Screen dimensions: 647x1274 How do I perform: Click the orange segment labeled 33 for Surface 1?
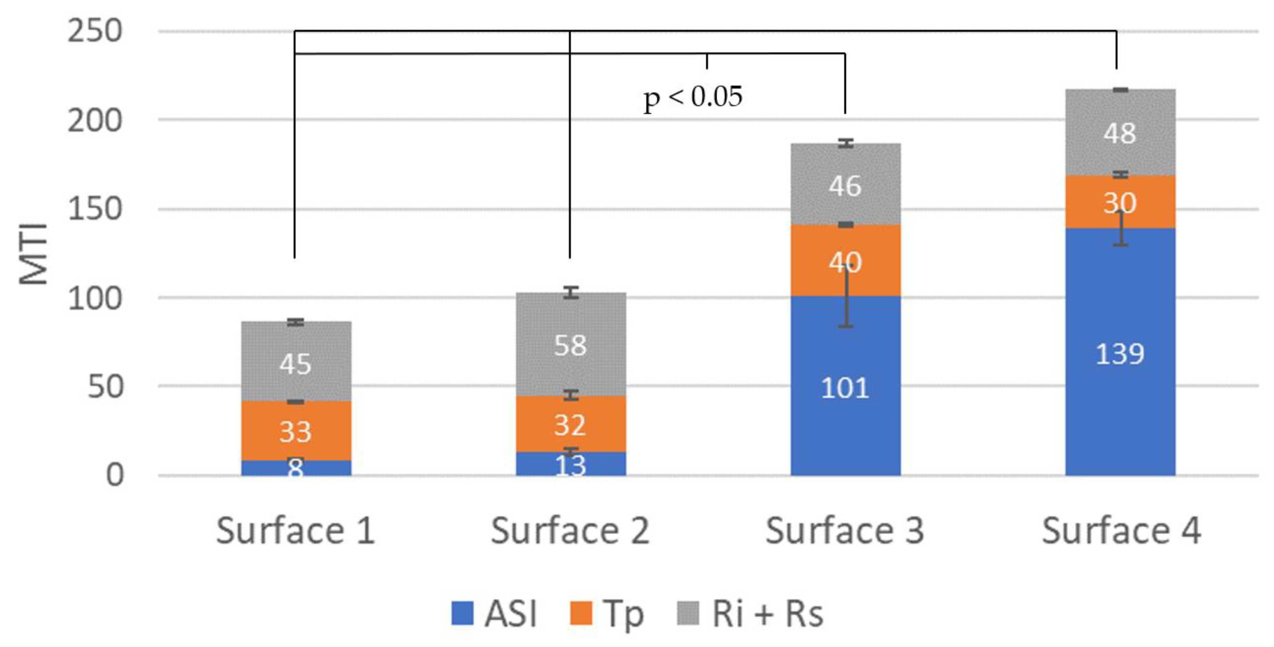pyautogui.click(x=296, y=431)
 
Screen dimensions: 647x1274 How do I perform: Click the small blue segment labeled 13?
pyautogui.click(x=570, y=465)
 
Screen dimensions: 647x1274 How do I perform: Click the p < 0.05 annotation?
pyautogui.click(x=692, y=97)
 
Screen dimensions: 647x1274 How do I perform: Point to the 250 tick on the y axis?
pyautogui.click(x=94, y=31)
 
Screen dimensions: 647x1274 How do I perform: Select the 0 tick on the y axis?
pyautogui.click(x=114, y=475)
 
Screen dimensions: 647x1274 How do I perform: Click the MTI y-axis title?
pyautogui.click(x=34, y=254)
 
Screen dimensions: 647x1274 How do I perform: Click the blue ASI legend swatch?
pyautogui.click(x=462, y=613)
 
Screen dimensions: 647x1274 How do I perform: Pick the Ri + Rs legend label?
pyautogui.click(x=767, y=614)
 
